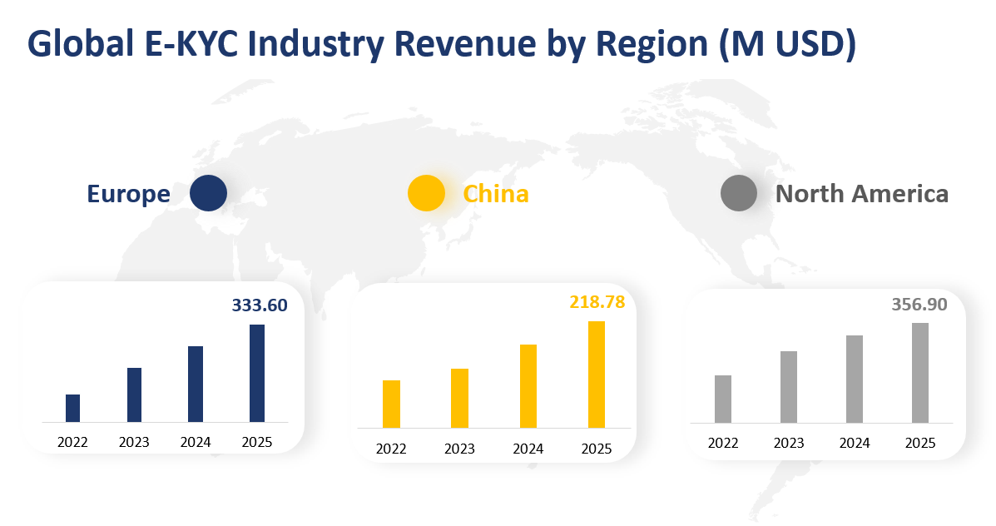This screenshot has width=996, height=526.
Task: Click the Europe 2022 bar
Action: click(72, 408)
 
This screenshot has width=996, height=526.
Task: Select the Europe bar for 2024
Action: click(196, 384)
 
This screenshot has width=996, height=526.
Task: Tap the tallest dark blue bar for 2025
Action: click(257, 373)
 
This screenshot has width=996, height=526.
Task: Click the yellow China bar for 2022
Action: click(391, 404)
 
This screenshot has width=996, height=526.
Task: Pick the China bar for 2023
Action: click(459, 398)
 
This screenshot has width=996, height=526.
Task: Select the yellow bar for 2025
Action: click(597, 375)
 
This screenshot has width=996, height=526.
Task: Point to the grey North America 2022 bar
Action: click(723, 399)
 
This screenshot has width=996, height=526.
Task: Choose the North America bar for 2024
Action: click(855, 379)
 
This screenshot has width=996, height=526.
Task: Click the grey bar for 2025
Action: click(919, 373)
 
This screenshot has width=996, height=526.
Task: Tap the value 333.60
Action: click(260, 305)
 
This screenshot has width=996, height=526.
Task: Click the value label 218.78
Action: click(597, 302)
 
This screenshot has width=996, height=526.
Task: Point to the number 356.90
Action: click(919, 305)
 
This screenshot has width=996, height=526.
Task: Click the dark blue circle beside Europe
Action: click(208, 193)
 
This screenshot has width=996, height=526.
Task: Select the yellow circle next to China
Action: click(426, 193)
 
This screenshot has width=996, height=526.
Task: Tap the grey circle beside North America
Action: click(738, 193)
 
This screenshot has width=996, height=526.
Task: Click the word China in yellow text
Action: click(496, 194)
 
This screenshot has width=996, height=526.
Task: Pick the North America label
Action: click(861, 194)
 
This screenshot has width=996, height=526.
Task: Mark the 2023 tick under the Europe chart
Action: click(134, 442)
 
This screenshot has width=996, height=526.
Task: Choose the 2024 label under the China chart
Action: click(528, 449)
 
